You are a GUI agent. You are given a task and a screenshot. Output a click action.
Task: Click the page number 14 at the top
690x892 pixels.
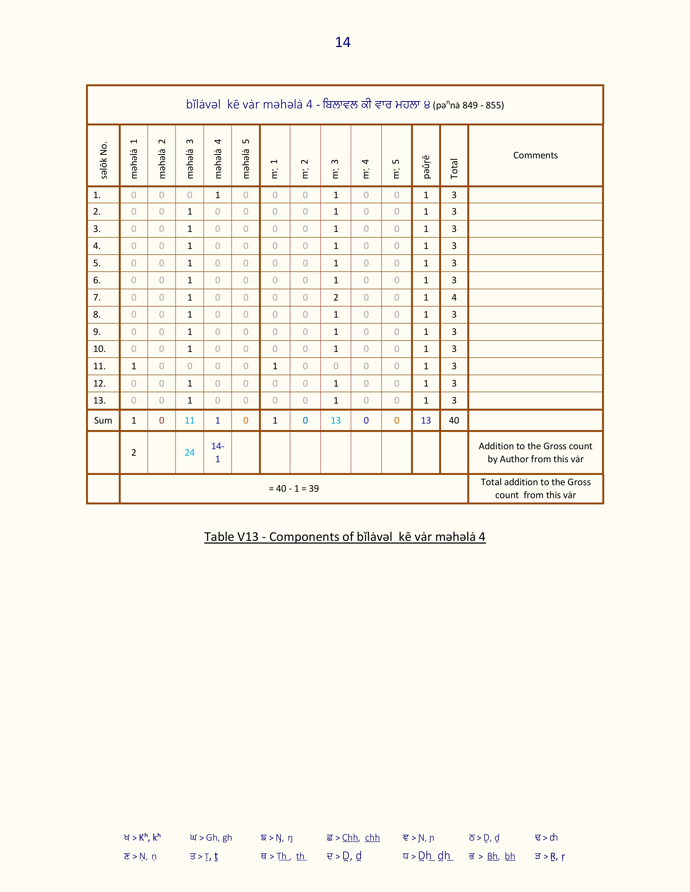click(x=343, y=42)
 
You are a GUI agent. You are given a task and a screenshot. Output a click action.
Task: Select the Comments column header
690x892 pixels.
click(x=535, y=155)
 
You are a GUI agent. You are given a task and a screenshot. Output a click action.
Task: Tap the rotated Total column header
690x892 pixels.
click(x=454, y=168)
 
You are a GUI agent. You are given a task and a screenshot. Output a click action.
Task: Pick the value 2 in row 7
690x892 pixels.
click(x=336, y=297)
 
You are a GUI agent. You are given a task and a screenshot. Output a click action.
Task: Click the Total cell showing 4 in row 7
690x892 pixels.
click(x=454, y=297)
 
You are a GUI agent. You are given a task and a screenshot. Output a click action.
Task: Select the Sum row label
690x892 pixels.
click(x=103, y=420)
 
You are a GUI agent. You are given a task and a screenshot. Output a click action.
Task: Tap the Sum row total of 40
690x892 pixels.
click(x=454, y=420)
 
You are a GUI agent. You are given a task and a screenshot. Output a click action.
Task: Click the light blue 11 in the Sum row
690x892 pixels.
click(x=190, y=420)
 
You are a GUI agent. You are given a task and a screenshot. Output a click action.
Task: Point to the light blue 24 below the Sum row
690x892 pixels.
click(x=190, y=452)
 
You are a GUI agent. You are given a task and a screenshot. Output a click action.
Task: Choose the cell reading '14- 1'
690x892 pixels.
click(x=218, y=452)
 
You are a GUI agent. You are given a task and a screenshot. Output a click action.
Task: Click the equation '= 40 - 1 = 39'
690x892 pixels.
click(x=294, y=488)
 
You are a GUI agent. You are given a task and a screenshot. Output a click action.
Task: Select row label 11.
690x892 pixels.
click(x=99, y=366)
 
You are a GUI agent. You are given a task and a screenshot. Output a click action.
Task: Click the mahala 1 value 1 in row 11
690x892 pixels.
click(x=134, y=366)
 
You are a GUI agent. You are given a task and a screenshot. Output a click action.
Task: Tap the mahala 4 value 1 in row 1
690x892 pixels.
click(x=218, y=195)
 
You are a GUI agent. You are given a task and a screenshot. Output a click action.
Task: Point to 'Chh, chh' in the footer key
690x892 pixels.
click(x=360, y=838)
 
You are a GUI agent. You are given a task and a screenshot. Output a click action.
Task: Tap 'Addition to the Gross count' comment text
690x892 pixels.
click(x=535, y=446)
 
